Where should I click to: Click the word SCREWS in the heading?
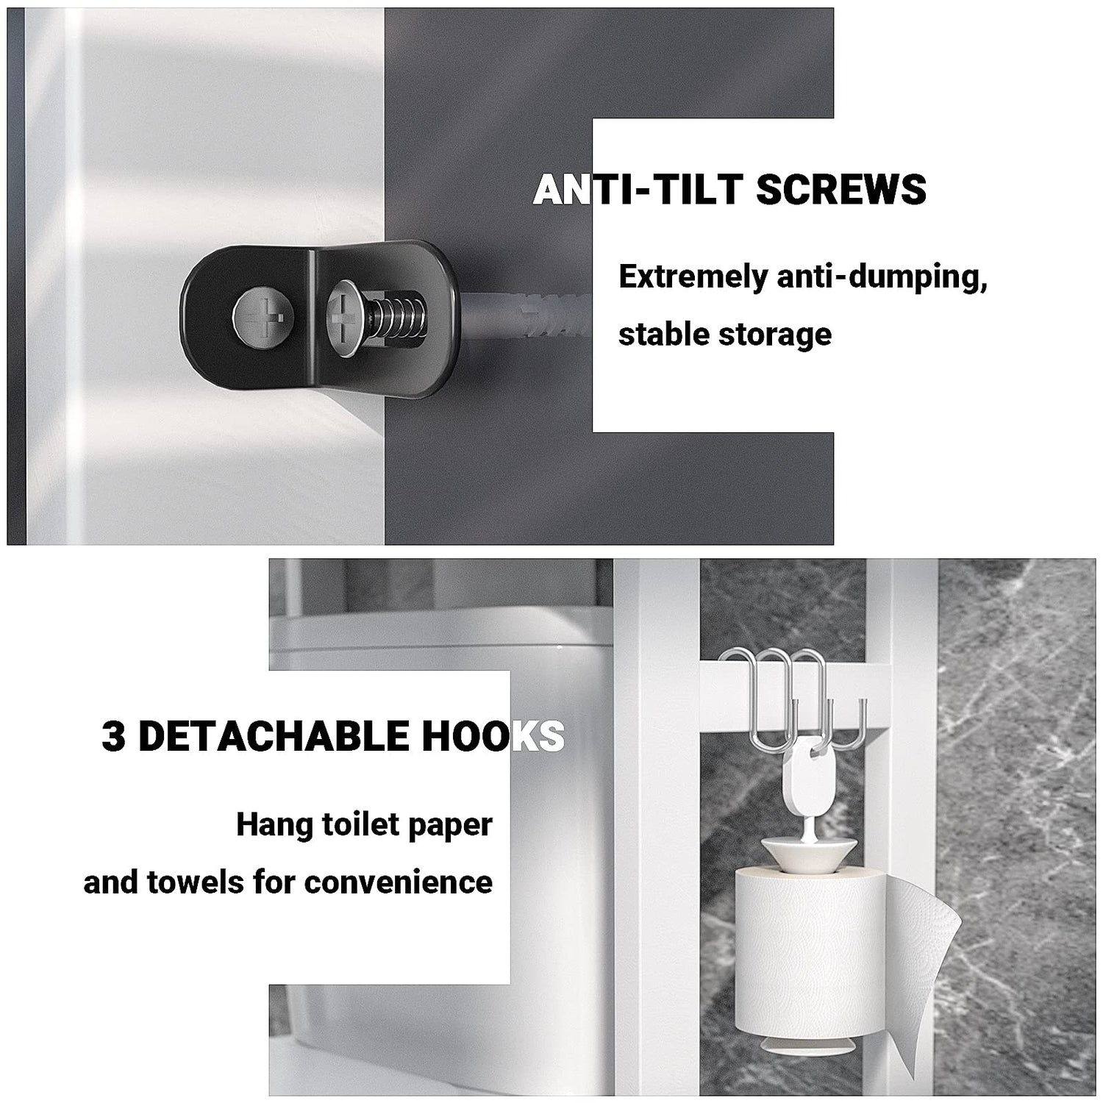(x=840, y=190)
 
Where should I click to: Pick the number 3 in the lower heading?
(x=113, y=736)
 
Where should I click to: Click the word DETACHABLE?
(x=274, y=736)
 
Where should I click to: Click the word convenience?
(x=399, y=882)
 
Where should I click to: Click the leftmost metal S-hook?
(x=760, y=698)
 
